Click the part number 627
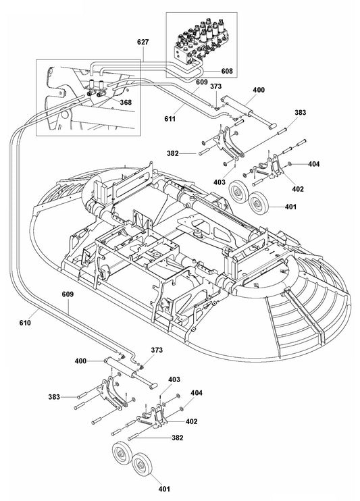click(x=143, y=42)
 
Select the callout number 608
click(x=228, y=70)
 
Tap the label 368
click(x=126, y=103)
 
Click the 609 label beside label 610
click(x=68, y=295)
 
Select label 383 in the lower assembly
click(x=55, y=397)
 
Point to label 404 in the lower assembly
click(x=197, y=392)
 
